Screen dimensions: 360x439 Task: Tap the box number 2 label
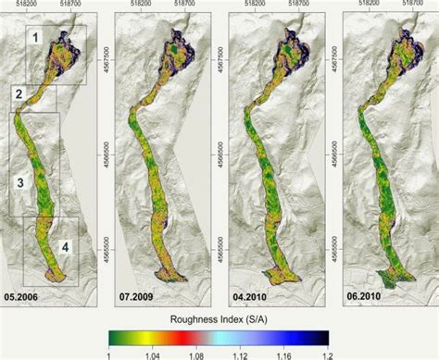(19, 93)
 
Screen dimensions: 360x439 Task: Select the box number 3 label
(20, 182)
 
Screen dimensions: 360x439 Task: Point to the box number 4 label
(65, 246)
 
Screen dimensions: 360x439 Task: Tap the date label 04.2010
(251, 298)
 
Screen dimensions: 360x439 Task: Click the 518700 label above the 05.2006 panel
(71, 5)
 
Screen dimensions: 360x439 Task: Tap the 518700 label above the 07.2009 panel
(186, 5)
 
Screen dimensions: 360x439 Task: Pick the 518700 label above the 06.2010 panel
(414, 5)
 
